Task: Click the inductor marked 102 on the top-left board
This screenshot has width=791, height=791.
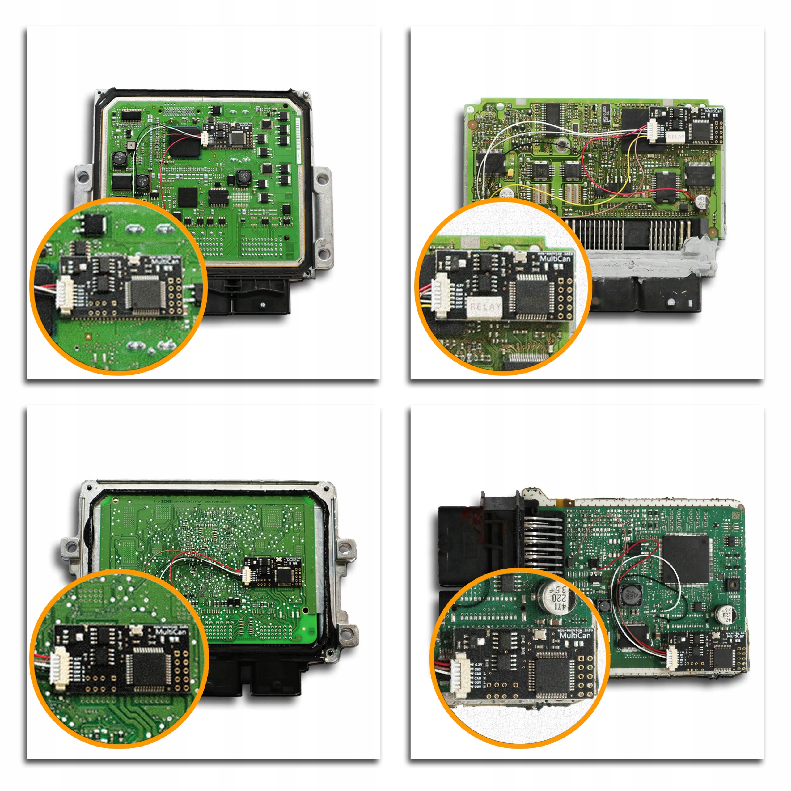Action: click(244, 177)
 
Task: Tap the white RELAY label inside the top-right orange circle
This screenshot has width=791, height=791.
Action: click(486, 306)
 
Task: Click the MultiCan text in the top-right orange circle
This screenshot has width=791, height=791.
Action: click(555, 258)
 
